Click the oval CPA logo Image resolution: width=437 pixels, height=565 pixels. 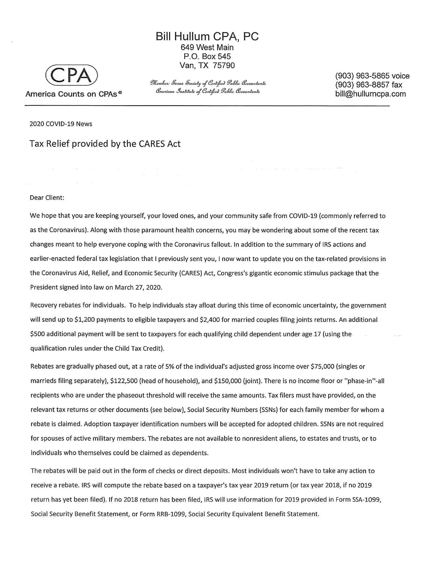pos(72,75)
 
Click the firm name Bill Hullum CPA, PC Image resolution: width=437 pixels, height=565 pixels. pos(207,36)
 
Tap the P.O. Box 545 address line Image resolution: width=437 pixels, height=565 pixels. pos(207,57)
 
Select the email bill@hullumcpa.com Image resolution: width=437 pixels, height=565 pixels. pos(370,94)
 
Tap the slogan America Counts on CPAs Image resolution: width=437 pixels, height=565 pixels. pos(73,94)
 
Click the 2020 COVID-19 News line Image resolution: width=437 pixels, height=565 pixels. pos(61,124)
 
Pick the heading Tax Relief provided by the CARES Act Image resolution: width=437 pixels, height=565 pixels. pos(105,144)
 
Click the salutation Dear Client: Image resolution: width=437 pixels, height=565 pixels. pos(47,198)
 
